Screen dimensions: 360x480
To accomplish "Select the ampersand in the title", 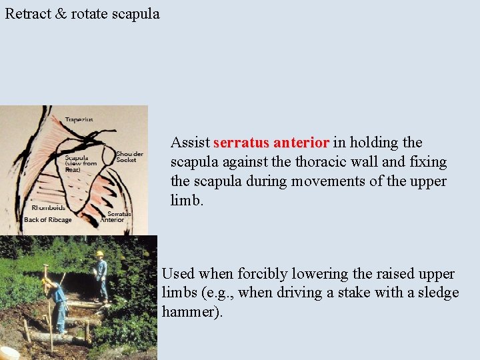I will click(x=61, y=13).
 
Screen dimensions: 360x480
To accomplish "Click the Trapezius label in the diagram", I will click(x=79, y=120).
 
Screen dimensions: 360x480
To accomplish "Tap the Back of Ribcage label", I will click(x=47, y=220).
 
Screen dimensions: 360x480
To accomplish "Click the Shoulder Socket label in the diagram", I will click(x=129, y=157).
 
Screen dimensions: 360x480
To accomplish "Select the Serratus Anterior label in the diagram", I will click(x=115, y=217).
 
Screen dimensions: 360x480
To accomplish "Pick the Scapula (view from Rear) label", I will click(x=80, y=163).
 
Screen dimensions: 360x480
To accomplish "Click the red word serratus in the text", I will click(x=241, y=143).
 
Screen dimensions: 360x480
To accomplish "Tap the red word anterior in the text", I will click(x=301, y=143).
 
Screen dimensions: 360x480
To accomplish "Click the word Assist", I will click(x=190, y=143).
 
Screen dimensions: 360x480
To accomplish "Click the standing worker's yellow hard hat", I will click(x=100, y=254).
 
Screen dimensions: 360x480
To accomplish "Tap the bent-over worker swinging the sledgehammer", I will click(x=57, y=300).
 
